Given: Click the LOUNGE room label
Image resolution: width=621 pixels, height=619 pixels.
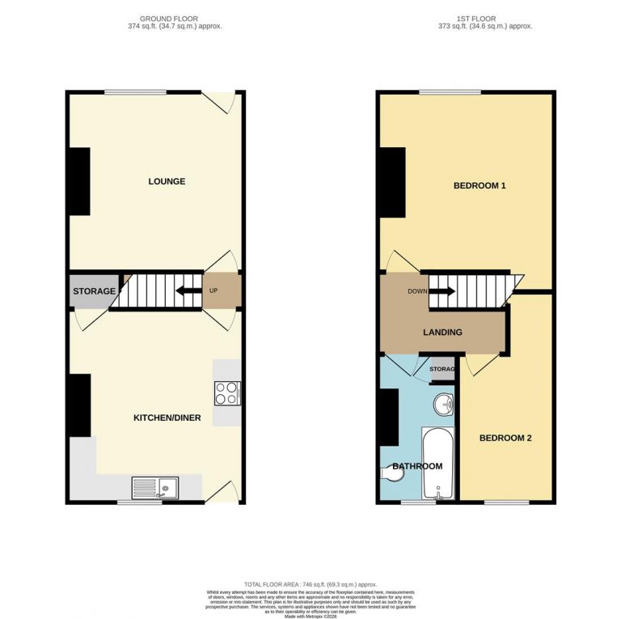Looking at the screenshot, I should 166,181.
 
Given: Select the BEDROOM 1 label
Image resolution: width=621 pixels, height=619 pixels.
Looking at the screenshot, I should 479,186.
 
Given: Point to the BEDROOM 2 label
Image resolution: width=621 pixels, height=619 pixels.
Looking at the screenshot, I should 505,439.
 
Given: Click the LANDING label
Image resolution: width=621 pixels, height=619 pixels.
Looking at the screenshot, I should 442,332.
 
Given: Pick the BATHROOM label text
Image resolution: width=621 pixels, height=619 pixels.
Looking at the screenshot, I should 417,466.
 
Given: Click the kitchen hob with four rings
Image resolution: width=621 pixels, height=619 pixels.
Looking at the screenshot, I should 226,393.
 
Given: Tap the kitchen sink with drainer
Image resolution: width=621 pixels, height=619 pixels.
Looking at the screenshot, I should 155,488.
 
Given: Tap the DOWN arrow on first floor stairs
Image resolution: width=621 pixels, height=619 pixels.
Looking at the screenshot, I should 443,291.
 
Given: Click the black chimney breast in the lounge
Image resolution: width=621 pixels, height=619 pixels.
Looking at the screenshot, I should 78,182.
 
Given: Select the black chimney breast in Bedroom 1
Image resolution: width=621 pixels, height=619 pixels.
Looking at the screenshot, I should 391,183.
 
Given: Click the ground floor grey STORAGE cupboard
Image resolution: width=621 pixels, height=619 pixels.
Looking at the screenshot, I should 94,291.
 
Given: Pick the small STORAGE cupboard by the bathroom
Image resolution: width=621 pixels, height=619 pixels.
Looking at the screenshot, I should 441,369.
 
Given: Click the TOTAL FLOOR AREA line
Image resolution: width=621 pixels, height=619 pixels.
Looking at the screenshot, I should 310,583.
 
